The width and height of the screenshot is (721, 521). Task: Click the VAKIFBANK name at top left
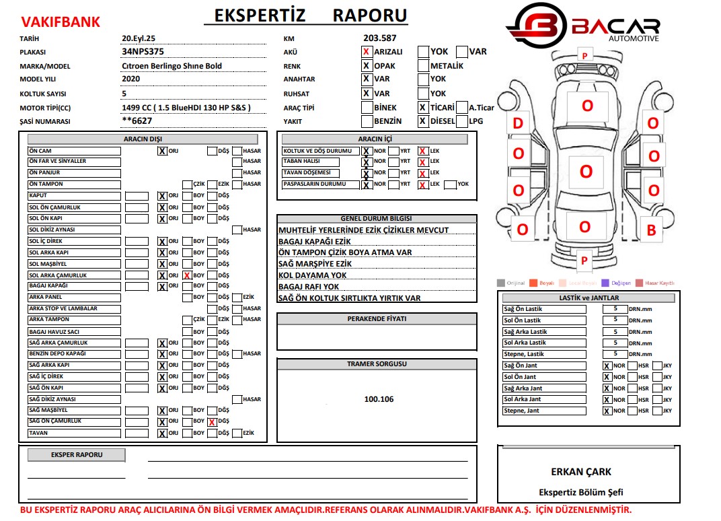click(x=61, y=22)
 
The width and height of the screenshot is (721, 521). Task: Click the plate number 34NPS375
click(x=143, y=51)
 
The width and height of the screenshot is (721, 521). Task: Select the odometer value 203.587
click(x=379, y=38)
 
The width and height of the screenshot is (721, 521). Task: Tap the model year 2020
click(x=131, y=79)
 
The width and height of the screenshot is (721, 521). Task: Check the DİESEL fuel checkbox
click(x=423, y=122)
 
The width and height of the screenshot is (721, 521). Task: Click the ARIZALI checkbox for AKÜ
click(x=367, y=52)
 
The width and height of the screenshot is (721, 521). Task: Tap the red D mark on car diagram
click(x=518, y=123)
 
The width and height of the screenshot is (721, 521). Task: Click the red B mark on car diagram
click(x=651, y=230)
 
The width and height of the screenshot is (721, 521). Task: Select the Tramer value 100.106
click(x=379, y=399)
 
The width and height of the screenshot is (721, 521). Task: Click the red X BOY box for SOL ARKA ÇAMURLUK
click(x=186, y=275)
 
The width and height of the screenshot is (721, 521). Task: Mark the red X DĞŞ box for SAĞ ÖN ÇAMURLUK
click(x=212, y=422)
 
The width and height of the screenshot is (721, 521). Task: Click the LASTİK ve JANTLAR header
click(x=589, y=298)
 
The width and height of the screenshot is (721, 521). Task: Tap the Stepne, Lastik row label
click(x=524, y=354)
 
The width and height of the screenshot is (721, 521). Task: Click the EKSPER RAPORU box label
click(x=76, y=455)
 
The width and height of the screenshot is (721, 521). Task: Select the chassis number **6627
click(x=137, y=121)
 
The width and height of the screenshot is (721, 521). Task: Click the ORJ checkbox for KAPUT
click(x=162, y=196)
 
